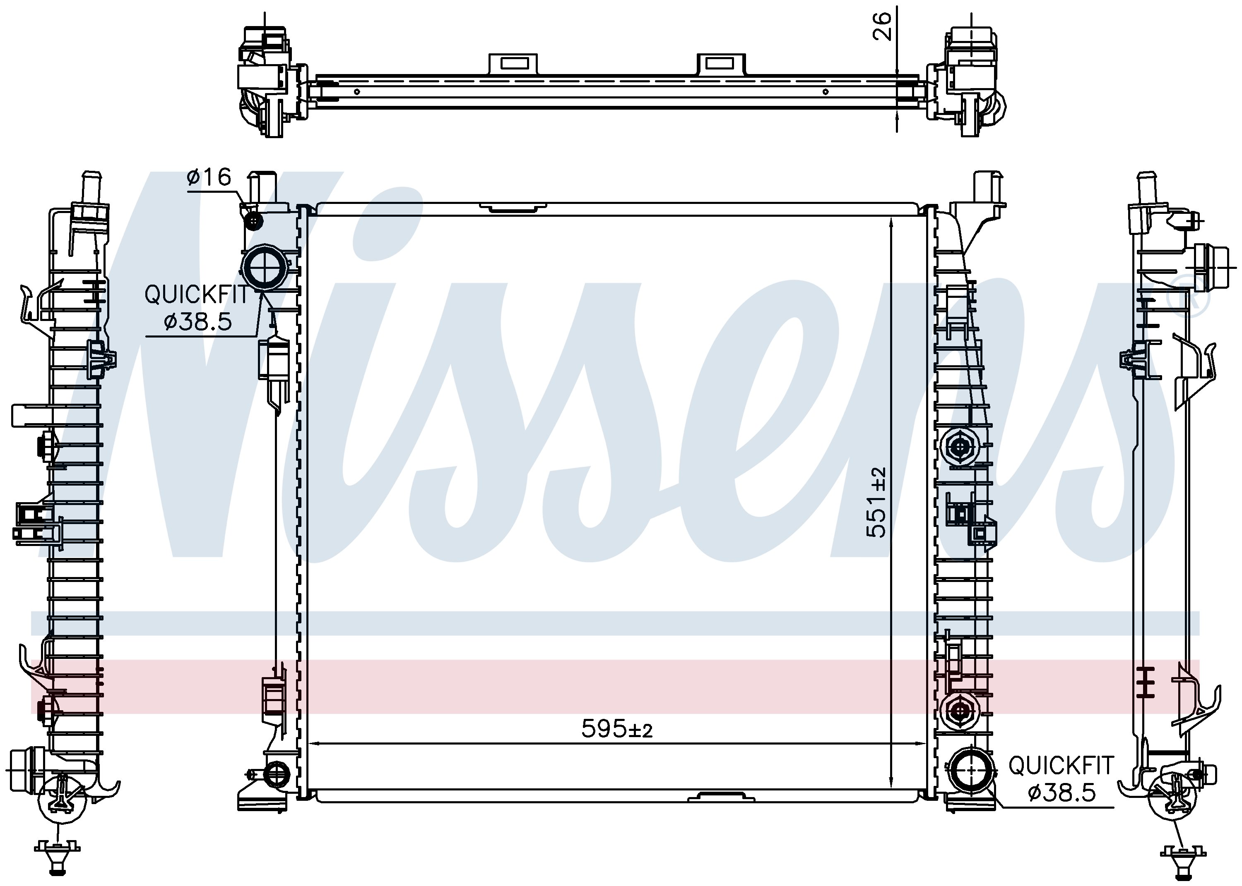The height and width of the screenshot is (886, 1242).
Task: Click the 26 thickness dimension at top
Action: click(881, 26)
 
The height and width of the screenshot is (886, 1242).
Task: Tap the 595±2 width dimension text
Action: click(617, 728)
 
